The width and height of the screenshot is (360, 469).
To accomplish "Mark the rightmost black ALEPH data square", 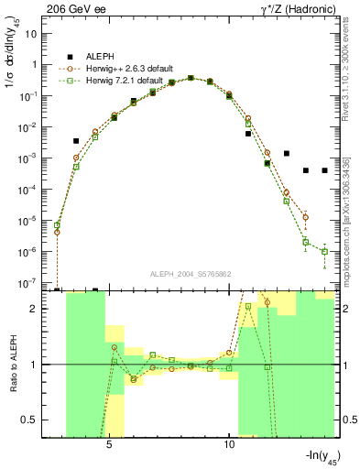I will (325, 170).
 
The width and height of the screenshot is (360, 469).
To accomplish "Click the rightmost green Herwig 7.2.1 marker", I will (325, 251).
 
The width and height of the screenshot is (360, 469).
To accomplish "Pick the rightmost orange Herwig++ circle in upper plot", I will (306, 217).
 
